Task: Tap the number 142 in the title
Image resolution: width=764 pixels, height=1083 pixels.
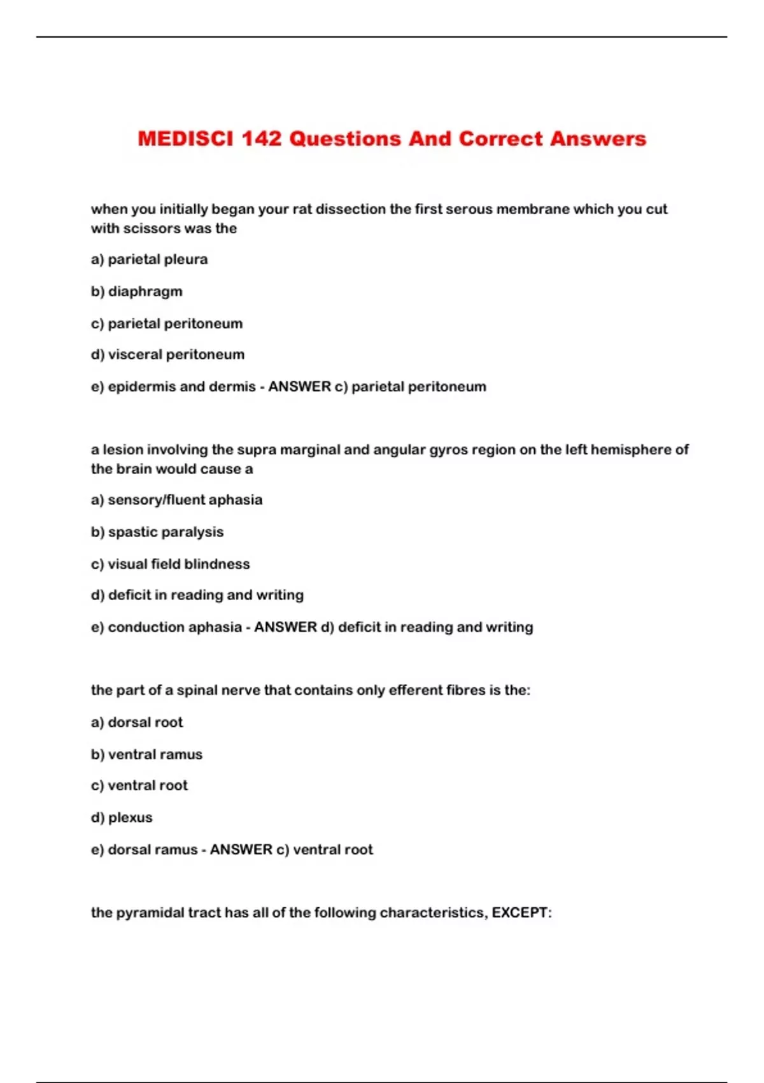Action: (x=261, y=139)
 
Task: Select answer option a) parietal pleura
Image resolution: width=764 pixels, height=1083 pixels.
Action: (x=149, y=259)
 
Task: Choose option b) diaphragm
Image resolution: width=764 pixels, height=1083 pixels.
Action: (x=136, y=291)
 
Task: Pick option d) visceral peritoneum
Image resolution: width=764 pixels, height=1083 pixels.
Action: (x=167, y=354)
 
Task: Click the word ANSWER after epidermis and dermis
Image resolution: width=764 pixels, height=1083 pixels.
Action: (x=299, y=387)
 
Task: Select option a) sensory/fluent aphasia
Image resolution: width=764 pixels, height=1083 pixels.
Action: (x=176, y=499)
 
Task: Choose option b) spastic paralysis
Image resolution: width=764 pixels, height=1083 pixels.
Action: (x=157, y=532)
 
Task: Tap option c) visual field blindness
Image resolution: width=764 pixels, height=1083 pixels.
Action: (x=170, y=564)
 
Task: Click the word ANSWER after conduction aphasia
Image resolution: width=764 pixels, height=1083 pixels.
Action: (x=285, y=627)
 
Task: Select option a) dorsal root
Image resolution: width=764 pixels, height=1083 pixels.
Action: (x=137, y=722)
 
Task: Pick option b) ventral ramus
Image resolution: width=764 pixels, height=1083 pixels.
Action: (x=146, y=754)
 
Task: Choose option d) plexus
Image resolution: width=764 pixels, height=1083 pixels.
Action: (x=122, y=817)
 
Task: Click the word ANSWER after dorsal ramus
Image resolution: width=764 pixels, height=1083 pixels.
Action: (x=241, y=849)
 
